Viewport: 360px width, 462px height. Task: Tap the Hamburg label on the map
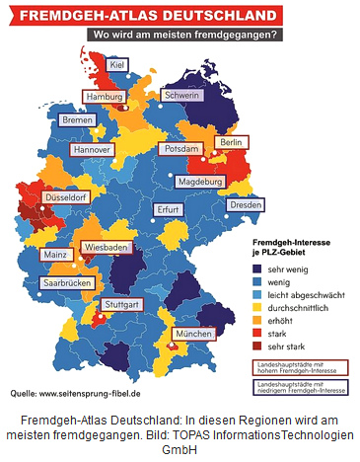coord(104,98)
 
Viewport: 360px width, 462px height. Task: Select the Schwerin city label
coord(183,96)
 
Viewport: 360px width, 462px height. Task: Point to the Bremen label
coord(77,119)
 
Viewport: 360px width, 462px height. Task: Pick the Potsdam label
coord(180,148)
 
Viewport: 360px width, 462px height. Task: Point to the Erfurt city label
coord(169,210)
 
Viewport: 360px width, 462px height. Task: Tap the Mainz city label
coord(54,255)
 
